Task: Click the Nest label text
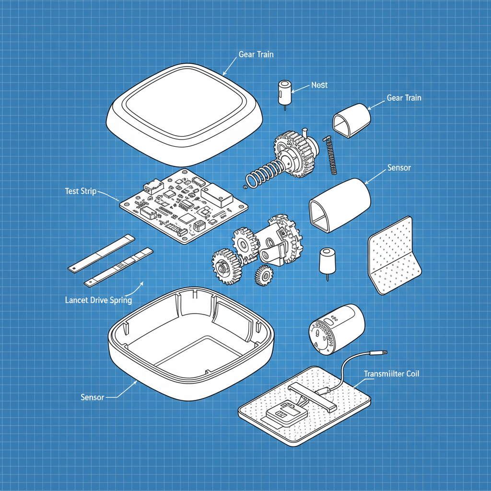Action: click(319, 85)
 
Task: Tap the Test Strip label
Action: click(81, 191)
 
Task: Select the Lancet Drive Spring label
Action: click(98, 301)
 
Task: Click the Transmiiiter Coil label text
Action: click(391, 374)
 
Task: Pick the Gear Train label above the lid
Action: click(256, 54)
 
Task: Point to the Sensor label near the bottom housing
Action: click(93, 397)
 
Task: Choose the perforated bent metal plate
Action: click(394, 257)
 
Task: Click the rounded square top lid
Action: click(185, 110)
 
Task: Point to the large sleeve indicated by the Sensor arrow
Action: click(339, 205)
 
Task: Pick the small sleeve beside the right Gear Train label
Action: click(352, 120)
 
